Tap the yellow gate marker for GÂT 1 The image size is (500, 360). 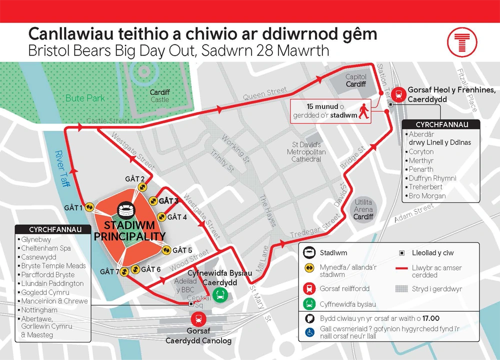pyautogui.click(x=89, y=207)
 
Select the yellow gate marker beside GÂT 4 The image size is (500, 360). pyautogui.click(x=161, y=217)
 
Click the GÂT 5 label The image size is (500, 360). pyautogui.click(x=182, y=250)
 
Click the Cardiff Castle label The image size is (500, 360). pyautogui.click(x=160, y=96)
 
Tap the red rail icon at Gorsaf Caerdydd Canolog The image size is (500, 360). pyautogui.click(x=199, y=319)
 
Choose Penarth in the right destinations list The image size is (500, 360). pyautogui.click(x=421, y=169)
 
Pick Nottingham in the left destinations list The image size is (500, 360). pyautogui.click(x=39, y=310)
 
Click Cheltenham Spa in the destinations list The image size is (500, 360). pyautogui.click(x=45, y=248)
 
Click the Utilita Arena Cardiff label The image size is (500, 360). pyautogui.click(x=363, y=209)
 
